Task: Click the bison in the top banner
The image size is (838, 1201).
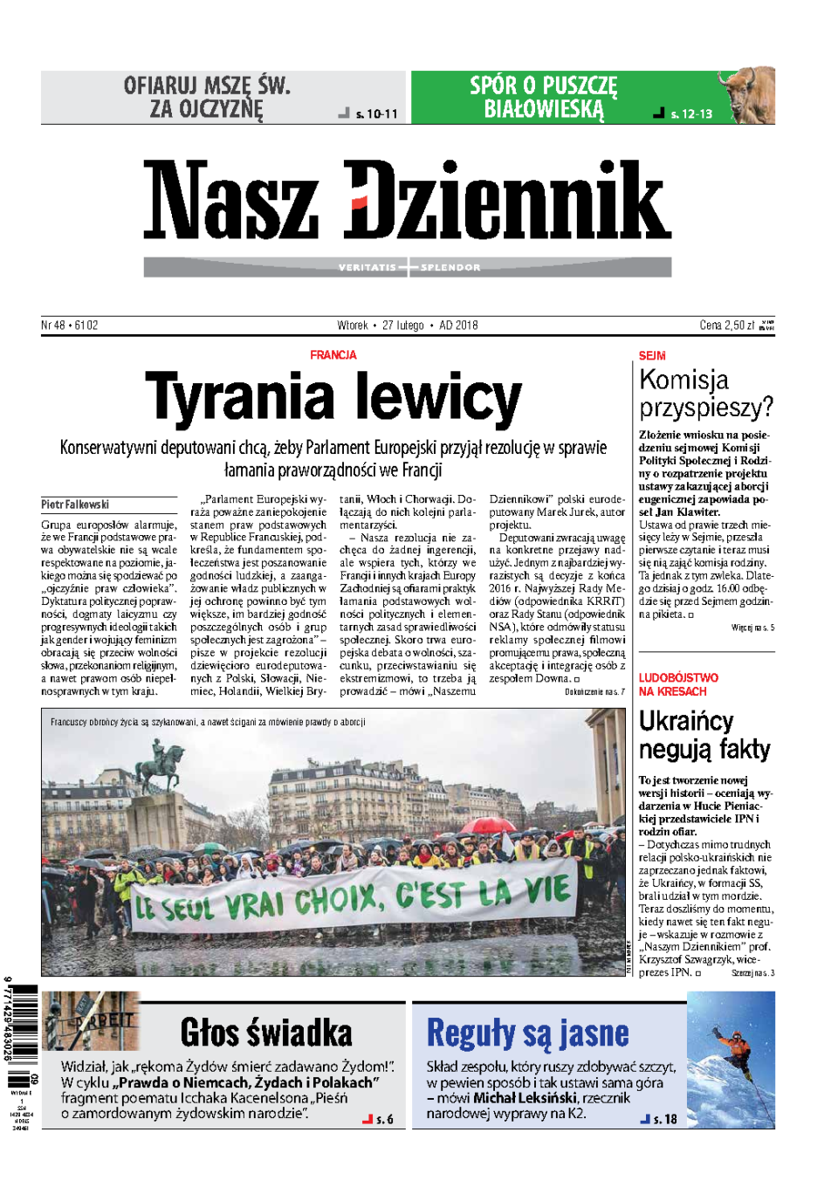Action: (x=745, y=94)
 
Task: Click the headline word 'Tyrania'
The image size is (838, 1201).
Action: (x=239, y=398)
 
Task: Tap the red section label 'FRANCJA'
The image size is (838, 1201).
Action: (x=333, y=355)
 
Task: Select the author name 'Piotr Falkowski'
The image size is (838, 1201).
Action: (x=75, y=504)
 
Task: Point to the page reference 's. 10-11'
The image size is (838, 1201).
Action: (x=376, y=114)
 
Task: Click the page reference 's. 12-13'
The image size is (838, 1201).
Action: (x=691, y=114)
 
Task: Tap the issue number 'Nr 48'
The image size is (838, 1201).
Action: (x=52, y=326)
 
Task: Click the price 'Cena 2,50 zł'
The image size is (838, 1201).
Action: (x=726, y=326)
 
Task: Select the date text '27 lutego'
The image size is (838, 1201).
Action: (x=402, y=326)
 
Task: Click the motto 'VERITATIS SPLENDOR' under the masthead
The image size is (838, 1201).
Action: (x=409, y=267)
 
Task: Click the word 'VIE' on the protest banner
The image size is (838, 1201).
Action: (x=547, y=890)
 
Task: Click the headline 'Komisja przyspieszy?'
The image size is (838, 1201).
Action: (x=705, y=393)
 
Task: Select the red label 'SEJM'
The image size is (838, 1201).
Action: (x=651, y=356)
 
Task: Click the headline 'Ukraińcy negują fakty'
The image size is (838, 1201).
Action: (x=704, y=735)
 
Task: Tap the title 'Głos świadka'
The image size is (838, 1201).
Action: (x=266, y=1033)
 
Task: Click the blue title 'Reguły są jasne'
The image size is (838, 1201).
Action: (x=527, y=1033)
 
